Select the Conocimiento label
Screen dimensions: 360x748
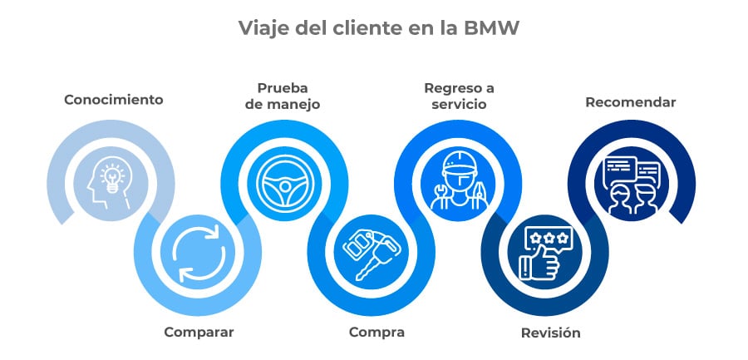pyautogui.click(x=114, y=100)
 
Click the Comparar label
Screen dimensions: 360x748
pyautogui.click(x=199, y=332)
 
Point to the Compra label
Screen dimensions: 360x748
pyautogui.click(x=376, y=332)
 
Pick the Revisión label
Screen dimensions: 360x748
pyautogui.click(x=550, y=333)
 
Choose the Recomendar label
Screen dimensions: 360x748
pyautogui.click(x=631, y=102)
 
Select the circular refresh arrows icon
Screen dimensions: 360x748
pyautogui.click(x=196, y=252)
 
